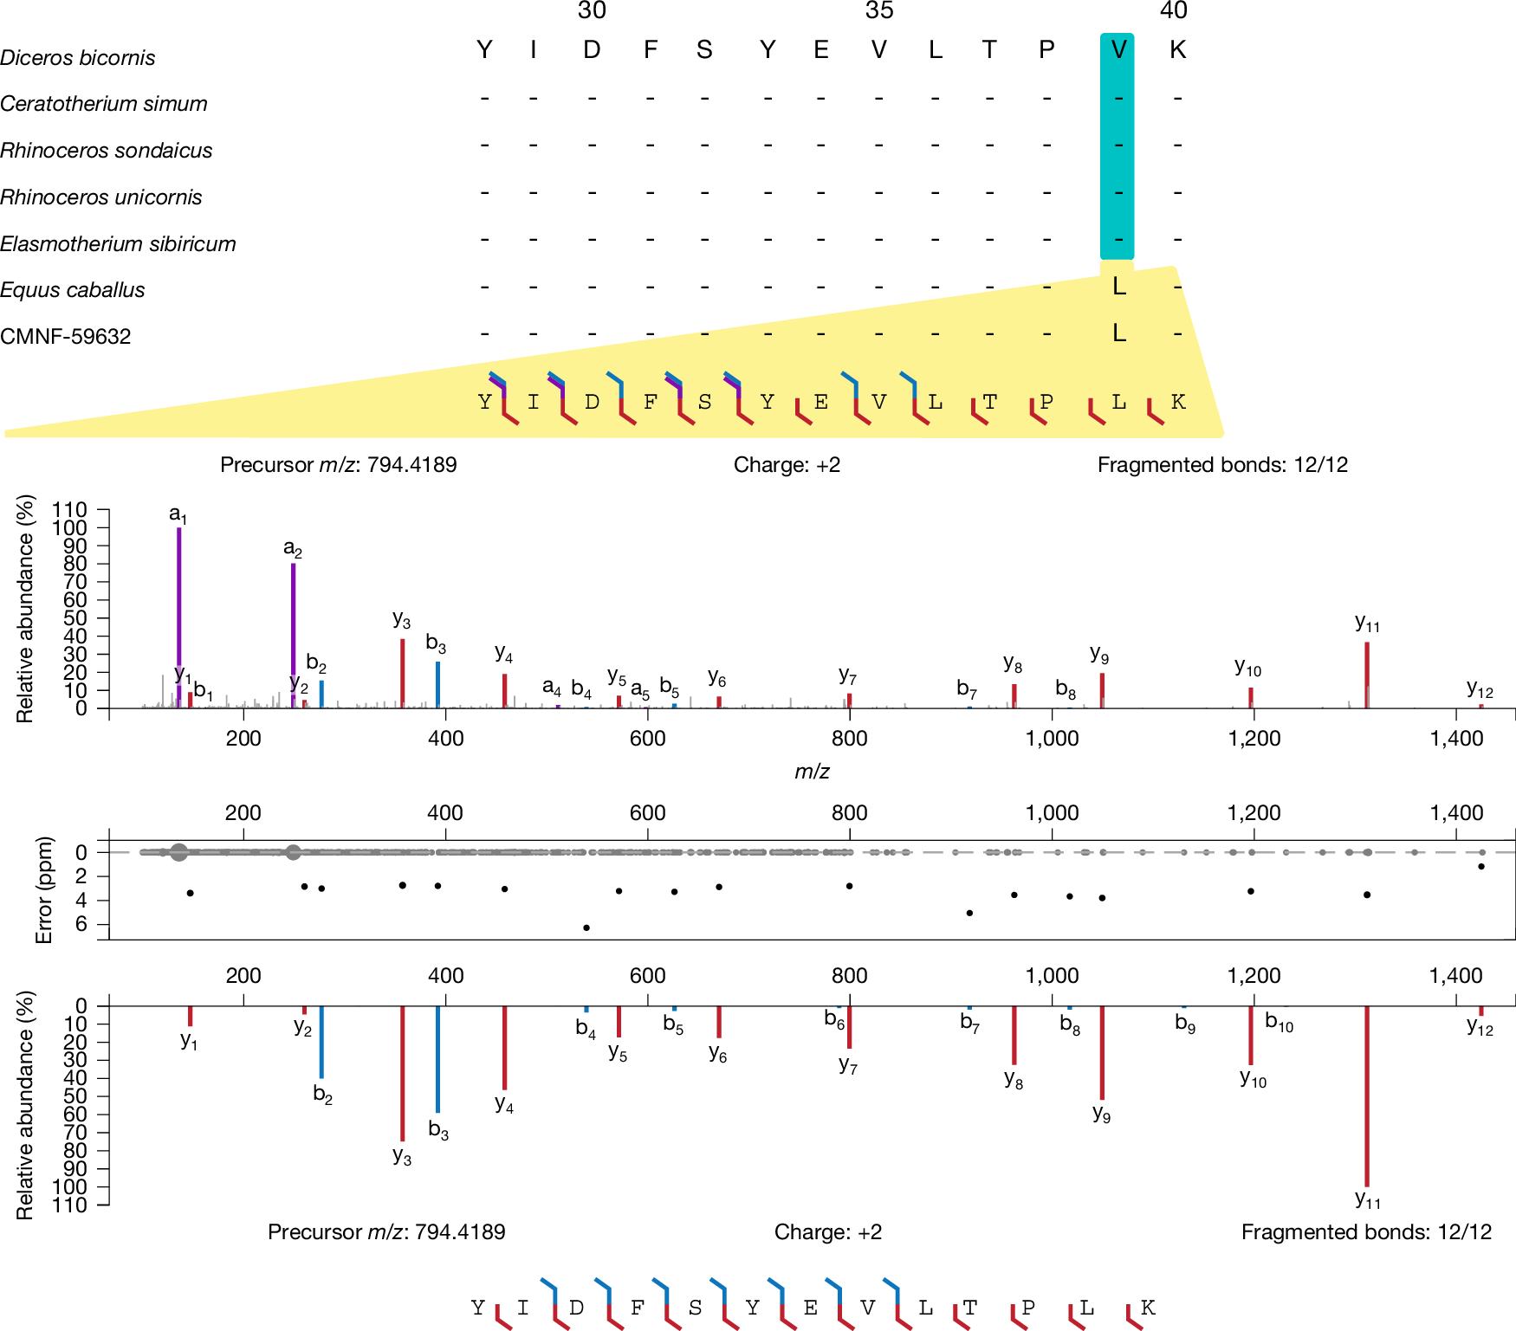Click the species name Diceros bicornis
78,58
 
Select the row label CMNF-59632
66,336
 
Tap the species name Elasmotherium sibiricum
118,244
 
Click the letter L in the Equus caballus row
1119,287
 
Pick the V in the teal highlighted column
1118,50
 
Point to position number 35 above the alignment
878,11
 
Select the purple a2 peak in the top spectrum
294,632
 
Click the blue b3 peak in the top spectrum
438,684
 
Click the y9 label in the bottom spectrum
1101,1114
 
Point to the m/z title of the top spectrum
812,771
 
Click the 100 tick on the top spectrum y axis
69,527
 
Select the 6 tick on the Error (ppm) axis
81,924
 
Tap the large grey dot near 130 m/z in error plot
178,852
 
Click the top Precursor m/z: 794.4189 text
338,465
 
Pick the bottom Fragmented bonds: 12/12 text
1366,1232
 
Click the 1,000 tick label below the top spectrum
1052,739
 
